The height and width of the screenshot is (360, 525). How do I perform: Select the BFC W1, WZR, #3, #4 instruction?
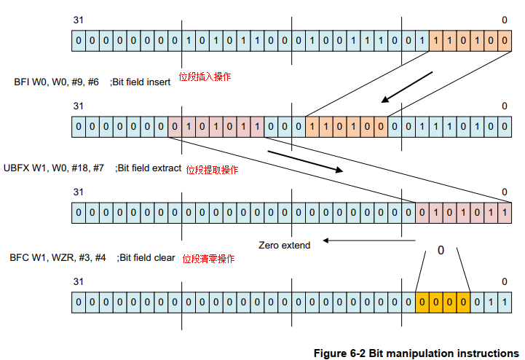click(58, 257)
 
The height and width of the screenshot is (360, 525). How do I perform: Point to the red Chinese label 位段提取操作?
click(211, 169)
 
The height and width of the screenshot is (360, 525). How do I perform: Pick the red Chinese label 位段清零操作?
click(208, 259)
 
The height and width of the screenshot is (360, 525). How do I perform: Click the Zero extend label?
click(284, 245)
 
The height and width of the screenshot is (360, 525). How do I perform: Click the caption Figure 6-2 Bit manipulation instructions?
click(416, 353)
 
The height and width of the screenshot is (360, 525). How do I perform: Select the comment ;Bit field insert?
click(140, 82)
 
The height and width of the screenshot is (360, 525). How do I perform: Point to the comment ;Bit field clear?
click(146, 257)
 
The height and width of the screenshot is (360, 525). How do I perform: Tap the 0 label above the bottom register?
click(504, 281)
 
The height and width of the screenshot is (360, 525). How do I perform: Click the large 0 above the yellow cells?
click(441, 250)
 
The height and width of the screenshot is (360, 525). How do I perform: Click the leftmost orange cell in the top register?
click(435, 40)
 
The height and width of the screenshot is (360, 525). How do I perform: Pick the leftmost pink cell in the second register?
click(174, 128)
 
